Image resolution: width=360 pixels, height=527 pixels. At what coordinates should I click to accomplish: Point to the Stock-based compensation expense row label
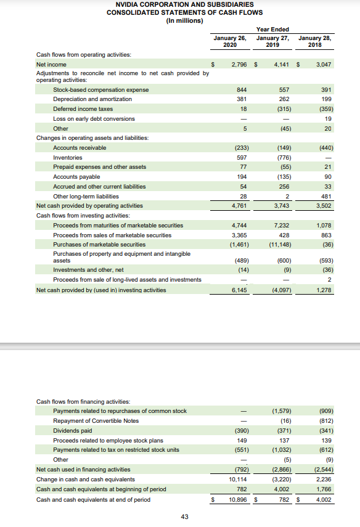[x=100, y=89]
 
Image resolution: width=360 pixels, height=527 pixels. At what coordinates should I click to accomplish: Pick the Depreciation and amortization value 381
[x=242, y=99]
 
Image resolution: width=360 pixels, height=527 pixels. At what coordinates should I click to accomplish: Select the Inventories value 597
[x=242, y=157]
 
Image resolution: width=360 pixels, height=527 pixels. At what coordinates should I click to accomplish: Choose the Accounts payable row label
[x=75, y=177]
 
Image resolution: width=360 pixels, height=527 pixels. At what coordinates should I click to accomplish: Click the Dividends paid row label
[x=72, y=430]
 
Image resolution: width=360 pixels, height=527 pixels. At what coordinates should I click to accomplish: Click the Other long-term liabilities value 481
[x=326, y=196]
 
